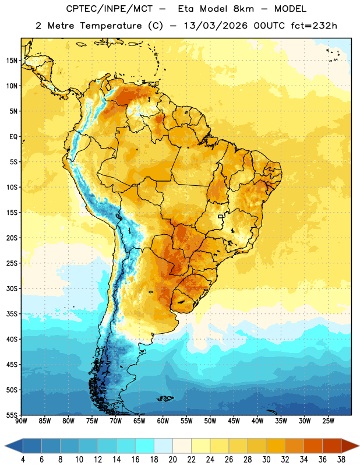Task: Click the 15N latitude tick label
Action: [12, 61]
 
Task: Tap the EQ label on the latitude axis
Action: [13, 137]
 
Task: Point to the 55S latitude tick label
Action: [12, 415]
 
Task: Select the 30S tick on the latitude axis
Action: [12, 288]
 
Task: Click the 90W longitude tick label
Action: [22, 421]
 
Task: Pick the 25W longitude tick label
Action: [328, 421]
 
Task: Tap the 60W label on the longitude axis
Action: [163, 421]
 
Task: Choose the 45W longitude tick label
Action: [234, 421]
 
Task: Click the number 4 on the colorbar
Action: [23, 460]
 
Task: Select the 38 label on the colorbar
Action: [341, 460]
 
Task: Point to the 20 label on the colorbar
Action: [172, 460]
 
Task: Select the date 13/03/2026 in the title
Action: [216, 26]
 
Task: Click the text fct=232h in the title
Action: [314, 26]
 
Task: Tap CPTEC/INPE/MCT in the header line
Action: [110, 9]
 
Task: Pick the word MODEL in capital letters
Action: [291, 9]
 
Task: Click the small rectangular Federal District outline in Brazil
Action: [221, 216]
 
